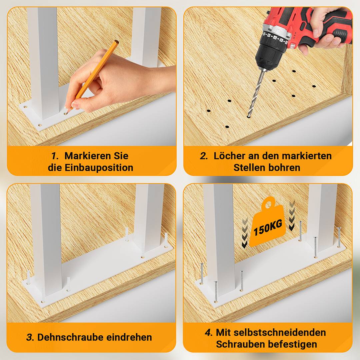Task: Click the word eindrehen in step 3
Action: coord(129,337)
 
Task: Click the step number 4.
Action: coord(209,332)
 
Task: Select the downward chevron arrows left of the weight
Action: coord(245,233)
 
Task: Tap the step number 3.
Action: coord(30,337)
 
